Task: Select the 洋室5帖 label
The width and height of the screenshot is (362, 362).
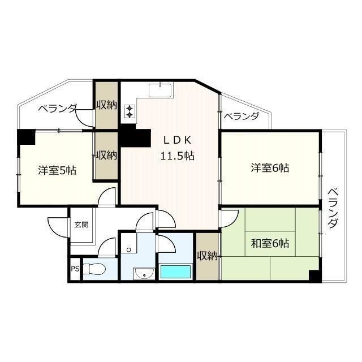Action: pos(57,170)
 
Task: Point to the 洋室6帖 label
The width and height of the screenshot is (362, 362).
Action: pos(270,168)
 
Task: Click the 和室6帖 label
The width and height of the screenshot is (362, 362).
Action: pos(270,243)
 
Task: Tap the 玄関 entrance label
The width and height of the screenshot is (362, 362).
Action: pos(81,225)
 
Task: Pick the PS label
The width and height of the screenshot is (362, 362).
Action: pos(75,269)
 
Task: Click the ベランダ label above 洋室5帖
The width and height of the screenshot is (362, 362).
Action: pos(57,109)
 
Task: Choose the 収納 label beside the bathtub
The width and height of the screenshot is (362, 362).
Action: pos(207,256)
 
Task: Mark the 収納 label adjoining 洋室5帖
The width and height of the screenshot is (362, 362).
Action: pos(106,155)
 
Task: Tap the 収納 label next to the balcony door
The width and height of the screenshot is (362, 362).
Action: pos(106,105)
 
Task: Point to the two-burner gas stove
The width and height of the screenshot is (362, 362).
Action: pos(130,111)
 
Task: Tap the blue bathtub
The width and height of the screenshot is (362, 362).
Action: pos(176,271)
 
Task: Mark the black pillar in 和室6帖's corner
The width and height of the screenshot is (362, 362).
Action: pos(314,276)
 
